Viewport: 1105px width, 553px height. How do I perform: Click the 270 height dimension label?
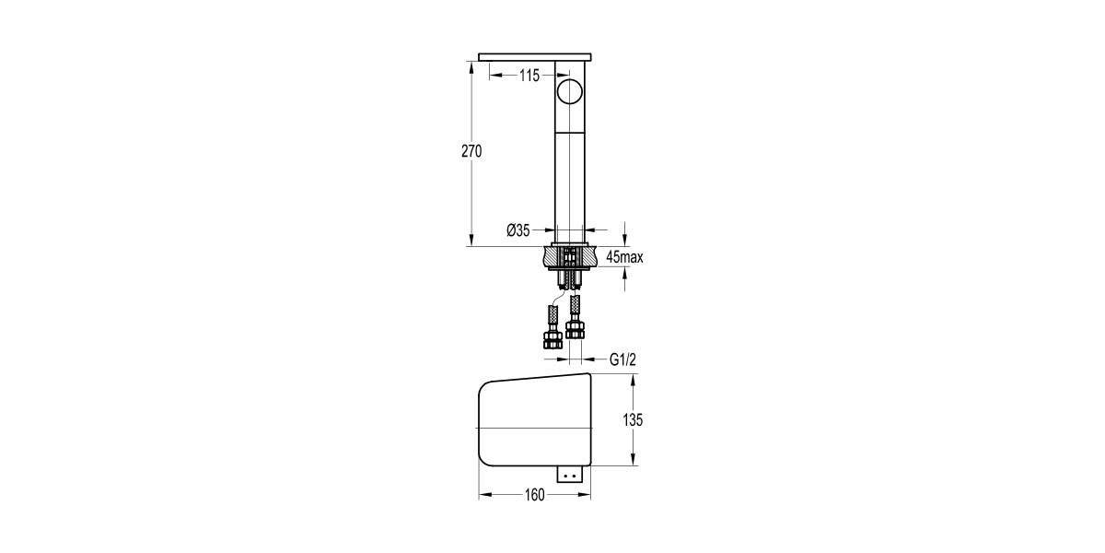[x=471, y=152]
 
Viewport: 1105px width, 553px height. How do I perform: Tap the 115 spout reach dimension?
[x=529, y=76]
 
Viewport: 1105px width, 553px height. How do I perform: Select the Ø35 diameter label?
[x=518, y=230]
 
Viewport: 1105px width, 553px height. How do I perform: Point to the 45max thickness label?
[x=624, y=257]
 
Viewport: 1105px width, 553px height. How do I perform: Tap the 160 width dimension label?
[x=534, y=495]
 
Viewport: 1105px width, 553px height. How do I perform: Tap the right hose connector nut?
[x=576, y=329]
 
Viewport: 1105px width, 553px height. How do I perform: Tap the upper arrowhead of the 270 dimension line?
[x=471, y=67]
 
